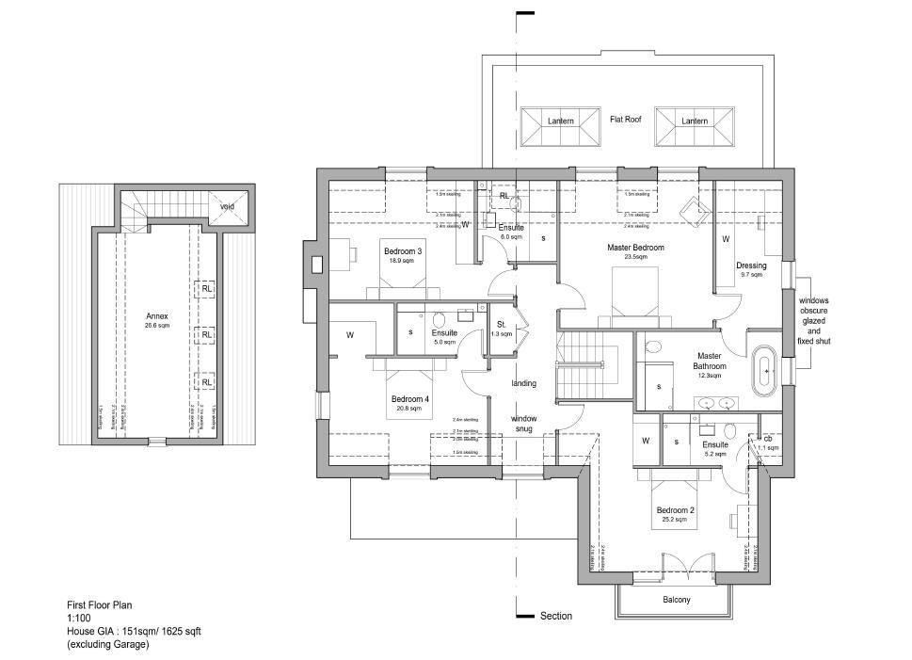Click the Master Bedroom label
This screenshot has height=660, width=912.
coord(637,248)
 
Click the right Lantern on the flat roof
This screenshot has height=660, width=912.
coord(694,122)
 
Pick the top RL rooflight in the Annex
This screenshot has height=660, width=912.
coord(206,289)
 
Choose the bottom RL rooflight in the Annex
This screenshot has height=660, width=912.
coord(206,380)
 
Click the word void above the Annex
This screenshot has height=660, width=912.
coord(227,206)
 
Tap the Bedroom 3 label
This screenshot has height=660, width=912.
coord(402,251)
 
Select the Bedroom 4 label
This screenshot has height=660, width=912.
coord(410,399)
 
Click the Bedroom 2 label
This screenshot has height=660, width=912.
coord(676,511)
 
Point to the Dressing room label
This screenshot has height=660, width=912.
coord(751,266)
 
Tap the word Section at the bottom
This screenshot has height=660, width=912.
coord(555,616)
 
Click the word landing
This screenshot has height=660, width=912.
coord(524,383)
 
